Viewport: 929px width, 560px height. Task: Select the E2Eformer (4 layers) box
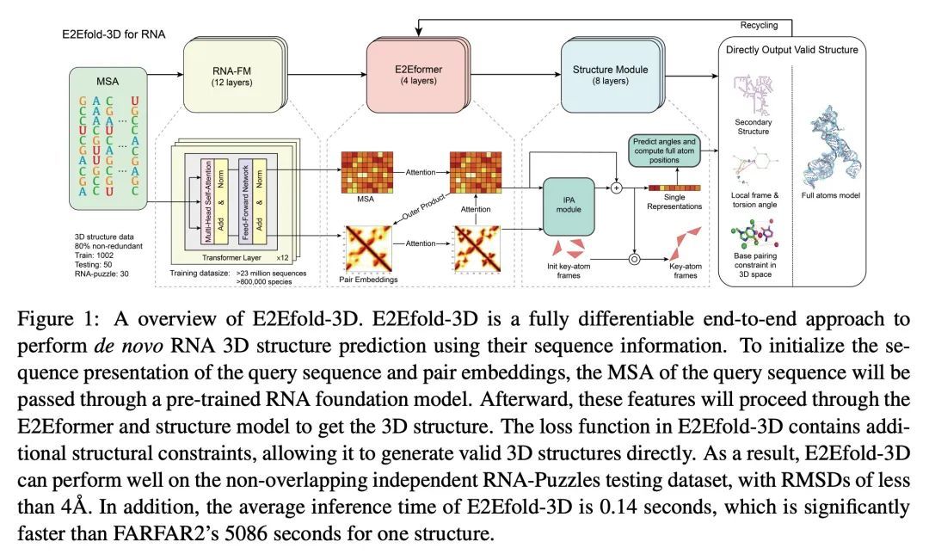coord(418,75)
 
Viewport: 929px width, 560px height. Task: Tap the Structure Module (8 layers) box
coord(610,75)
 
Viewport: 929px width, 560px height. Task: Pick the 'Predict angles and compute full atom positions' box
coord(664,151)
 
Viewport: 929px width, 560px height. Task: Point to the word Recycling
coord(759,26)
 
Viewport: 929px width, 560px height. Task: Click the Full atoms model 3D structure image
coord(831,147)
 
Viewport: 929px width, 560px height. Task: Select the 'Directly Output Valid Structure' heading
coord(791,50)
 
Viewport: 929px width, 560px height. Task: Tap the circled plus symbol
coord(616,188)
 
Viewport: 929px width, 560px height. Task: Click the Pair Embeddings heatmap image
coord(368,249)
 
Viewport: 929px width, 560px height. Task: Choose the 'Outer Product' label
coord(423,208)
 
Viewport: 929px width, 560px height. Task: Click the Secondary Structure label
coord(753,126)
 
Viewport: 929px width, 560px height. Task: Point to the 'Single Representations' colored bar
coord(674,188)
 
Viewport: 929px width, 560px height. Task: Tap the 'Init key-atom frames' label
coord(569,271)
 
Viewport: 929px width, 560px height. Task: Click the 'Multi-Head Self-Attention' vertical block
coord(207,200)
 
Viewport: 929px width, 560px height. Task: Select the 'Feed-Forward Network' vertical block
coord(245,200)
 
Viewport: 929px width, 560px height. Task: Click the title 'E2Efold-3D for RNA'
coord(114,34)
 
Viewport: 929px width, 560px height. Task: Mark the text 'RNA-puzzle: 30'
coord(102,274)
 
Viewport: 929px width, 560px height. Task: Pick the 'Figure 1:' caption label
coord(56,319)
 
